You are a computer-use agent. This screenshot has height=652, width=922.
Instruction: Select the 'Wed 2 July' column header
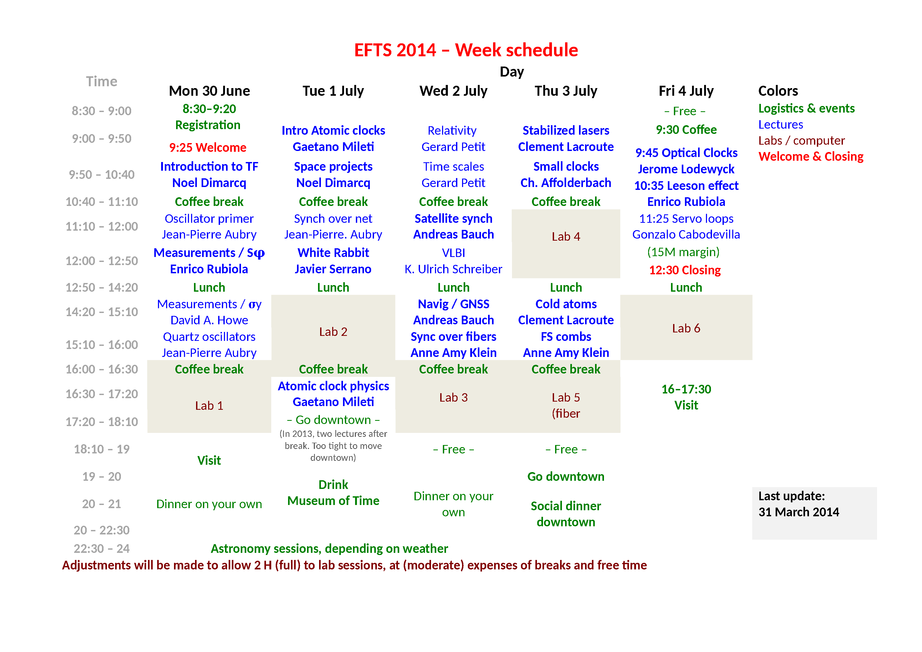tap(453, 91)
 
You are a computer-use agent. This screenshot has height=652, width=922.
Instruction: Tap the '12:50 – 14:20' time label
tap(102, 287)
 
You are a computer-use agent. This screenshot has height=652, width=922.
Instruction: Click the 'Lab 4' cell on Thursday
tap(566, 237)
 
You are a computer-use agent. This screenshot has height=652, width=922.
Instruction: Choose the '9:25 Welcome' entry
tap(208, 148)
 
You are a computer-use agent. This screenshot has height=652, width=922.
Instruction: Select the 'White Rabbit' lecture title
tap(333, 253)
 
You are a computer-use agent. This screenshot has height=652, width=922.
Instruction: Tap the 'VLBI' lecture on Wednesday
tap(453, 253)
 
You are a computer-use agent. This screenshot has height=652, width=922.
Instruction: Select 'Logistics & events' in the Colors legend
tap(806, 108)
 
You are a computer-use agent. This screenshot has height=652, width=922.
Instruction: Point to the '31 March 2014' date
tap(799, 512)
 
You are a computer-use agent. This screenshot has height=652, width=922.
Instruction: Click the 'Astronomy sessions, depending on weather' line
tap(329, 548)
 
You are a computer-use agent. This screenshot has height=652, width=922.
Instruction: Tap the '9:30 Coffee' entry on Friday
tap(686, 129)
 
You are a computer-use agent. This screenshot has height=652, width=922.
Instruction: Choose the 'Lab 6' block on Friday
tap(686, 328)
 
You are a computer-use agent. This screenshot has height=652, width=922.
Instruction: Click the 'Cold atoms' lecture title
tap(566, 304)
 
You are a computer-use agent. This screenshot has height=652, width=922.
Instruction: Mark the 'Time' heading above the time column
tap(102, 82)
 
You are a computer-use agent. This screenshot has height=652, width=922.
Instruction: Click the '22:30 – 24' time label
tap(102, 548)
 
